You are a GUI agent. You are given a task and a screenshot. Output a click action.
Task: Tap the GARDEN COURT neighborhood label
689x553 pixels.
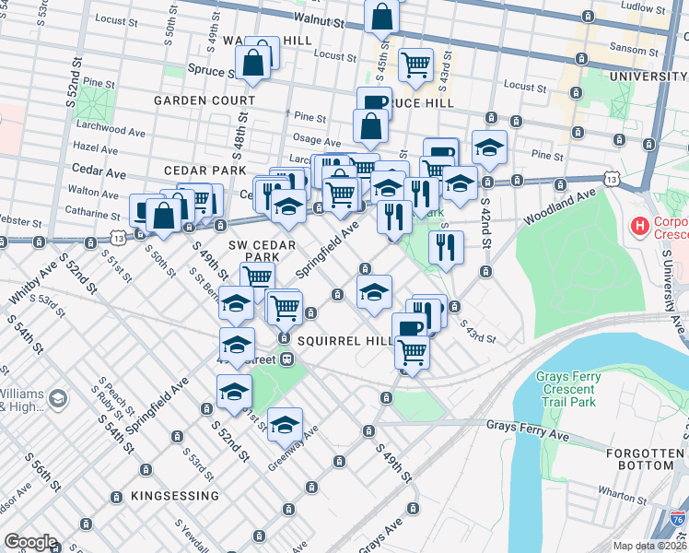tap(204, 100)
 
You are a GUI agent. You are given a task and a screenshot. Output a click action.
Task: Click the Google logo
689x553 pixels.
tap(30, 542)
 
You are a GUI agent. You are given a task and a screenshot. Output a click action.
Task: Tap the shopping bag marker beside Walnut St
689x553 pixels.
tap(380, 17)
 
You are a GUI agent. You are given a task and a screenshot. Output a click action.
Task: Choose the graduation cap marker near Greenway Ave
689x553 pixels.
tap(286, 424)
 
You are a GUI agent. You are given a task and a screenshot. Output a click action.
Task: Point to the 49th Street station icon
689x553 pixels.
tap(287, 359)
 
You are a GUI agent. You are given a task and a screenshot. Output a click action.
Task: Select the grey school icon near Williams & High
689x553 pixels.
tap(58, 399)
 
